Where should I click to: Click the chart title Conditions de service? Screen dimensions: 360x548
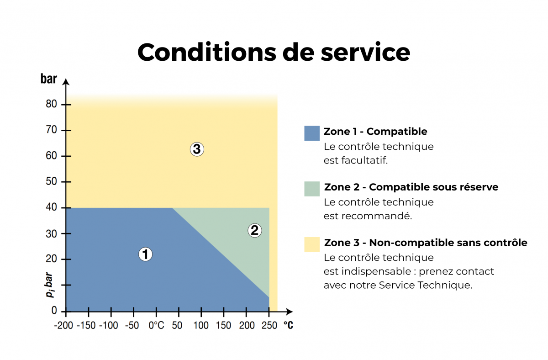click(274, 52)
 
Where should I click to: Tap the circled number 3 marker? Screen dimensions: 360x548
click(197, 149)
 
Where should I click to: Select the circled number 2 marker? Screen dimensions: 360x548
click(254, 231)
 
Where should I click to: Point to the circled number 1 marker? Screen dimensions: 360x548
click(145, 254)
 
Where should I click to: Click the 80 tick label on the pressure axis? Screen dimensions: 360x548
click(52, 105)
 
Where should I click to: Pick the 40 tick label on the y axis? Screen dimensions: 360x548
click(52, 208)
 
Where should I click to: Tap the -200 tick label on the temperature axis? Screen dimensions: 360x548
click(63, 325)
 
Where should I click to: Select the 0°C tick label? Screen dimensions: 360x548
click(156, 325)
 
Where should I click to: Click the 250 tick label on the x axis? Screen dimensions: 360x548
click(269, 325)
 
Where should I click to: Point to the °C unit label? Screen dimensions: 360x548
click(288, 325)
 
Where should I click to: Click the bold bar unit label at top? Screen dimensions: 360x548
click(49, 79)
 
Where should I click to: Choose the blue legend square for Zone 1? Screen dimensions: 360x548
click(312, 133)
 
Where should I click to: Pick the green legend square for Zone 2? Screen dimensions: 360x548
click(312, 189)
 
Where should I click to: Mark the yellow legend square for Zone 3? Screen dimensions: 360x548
click(312, 244)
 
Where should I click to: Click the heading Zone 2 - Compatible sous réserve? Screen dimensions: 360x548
click(411, 187)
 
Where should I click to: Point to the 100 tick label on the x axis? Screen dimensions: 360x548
click(201, 325)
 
